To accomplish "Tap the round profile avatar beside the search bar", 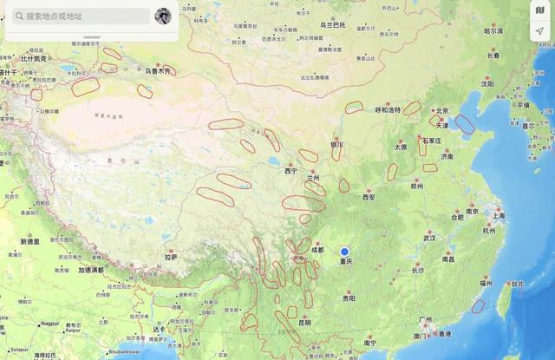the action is tap(163, 16).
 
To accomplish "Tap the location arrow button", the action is tap(539, 31).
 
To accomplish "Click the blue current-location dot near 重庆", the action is tap(345, 252).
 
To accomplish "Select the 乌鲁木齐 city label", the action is tap(159, 70).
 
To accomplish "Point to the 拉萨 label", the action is tap(170, 256).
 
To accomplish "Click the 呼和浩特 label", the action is tap(388, 110).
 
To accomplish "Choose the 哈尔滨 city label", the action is tap(493, 30).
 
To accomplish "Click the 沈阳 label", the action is tap(487, 84).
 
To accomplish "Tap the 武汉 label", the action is tap(429, 237).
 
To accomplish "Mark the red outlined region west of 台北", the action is tap(478, 305).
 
